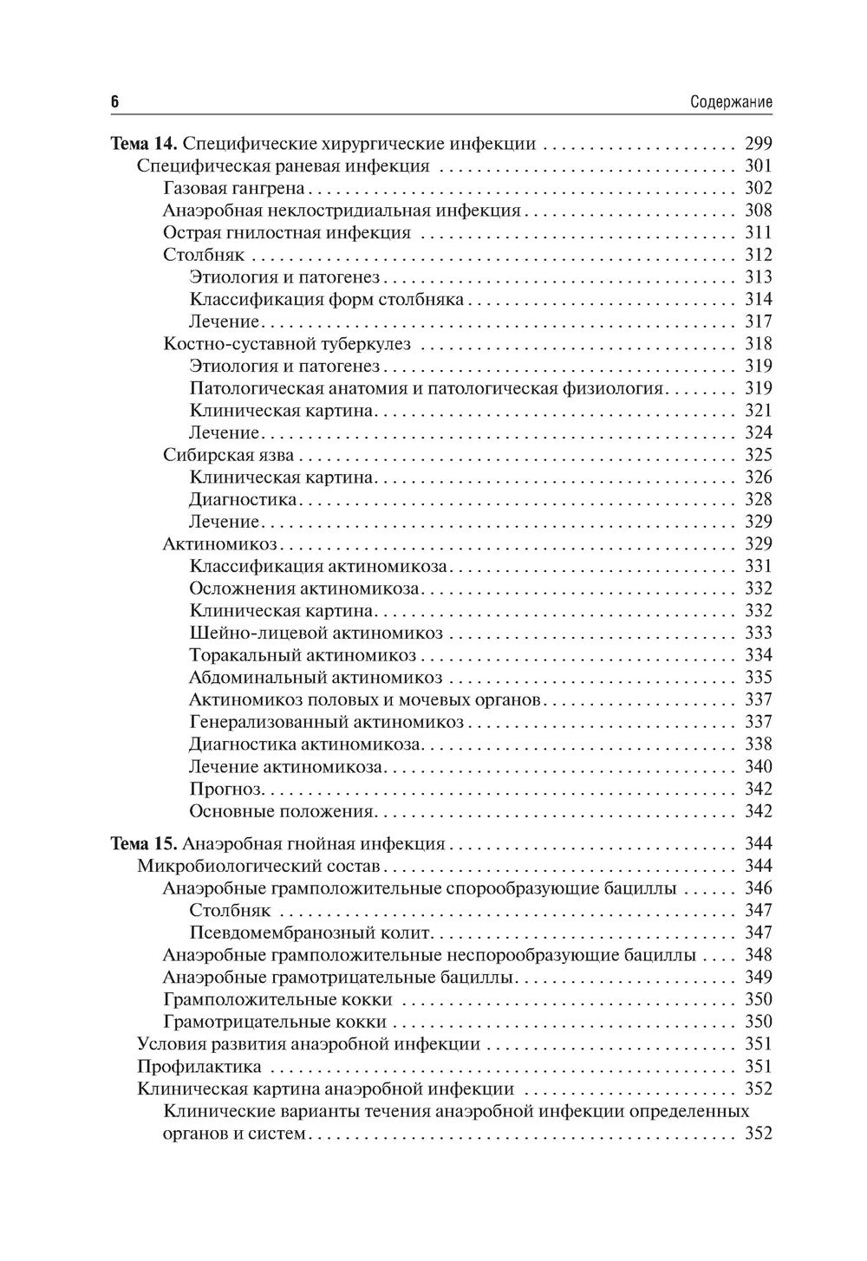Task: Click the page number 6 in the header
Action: [x=114, y=102]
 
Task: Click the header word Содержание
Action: [x=731, y=102]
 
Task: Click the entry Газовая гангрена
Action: [x=234, y=188]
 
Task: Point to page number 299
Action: [x=758, y=144]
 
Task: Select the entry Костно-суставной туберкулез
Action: [x=287, y=344]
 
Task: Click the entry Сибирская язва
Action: [x=229, y=455]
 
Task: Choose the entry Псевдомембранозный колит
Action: [x=310, y=933]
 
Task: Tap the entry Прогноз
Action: [x=225, y=789]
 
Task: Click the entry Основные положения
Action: [x=282, y=811]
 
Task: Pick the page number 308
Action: [x=758, y=211]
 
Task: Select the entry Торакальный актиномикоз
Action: [x=303, y=655]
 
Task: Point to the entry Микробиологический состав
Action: [x=258, y=866]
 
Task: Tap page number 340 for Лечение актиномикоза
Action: [x=758, y=766]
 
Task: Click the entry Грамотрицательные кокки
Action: [x=275, y=1022]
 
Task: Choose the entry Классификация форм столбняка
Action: [x=326, y=300]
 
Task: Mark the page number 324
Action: [x=758, y=433]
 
